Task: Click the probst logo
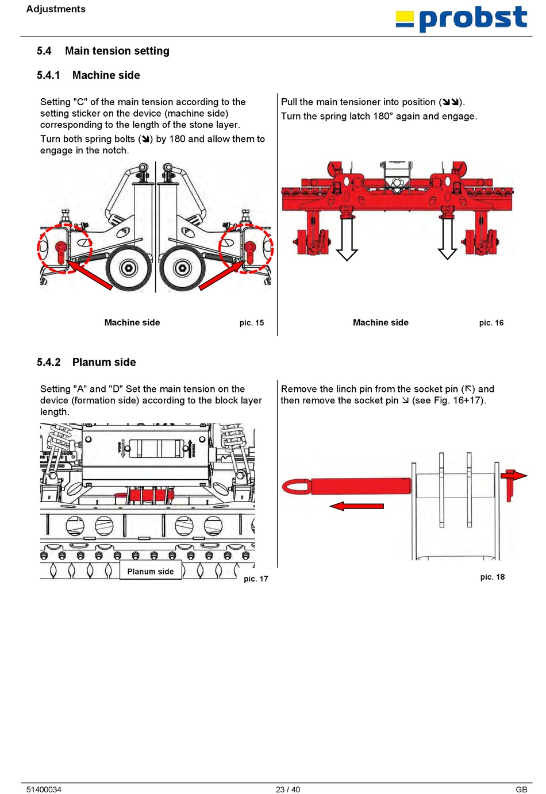point(462,19)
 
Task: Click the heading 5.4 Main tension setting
point(103,51)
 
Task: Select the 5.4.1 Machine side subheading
point(89,75)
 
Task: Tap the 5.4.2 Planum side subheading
point(86,362)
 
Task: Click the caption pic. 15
point(252,322)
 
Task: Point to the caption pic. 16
point(491,322)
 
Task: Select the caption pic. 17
point(256,579)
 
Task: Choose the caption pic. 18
point(493,577)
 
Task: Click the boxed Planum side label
point(151,571)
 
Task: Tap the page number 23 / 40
point(288,789)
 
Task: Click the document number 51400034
point(44,789)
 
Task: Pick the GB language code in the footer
point(521,789)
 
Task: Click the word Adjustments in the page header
point(56,9)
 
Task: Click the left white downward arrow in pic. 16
point(347,239)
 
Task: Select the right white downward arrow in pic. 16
point(448,239)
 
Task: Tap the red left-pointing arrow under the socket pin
point(357,506)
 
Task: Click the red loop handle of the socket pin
point(297,486)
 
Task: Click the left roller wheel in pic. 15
point(129,268)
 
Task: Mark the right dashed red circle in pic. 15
point(246,248)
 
